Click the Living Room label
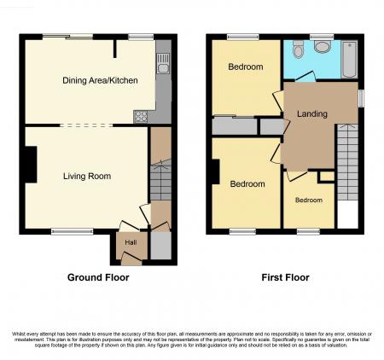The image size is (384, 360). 87,177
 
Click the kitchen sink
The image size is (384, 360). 162,61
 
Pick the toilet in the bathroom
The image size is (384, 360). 321,47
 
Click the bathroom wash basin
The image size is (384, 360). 297,48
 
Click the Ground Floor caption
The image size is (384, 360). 98,277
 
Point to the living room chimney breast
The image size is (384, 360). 31,164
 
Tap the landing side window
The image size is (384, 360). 360,98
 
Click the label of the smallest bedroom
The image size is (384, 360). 309,200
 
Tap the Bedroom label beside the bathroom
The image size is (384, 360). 245,67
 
